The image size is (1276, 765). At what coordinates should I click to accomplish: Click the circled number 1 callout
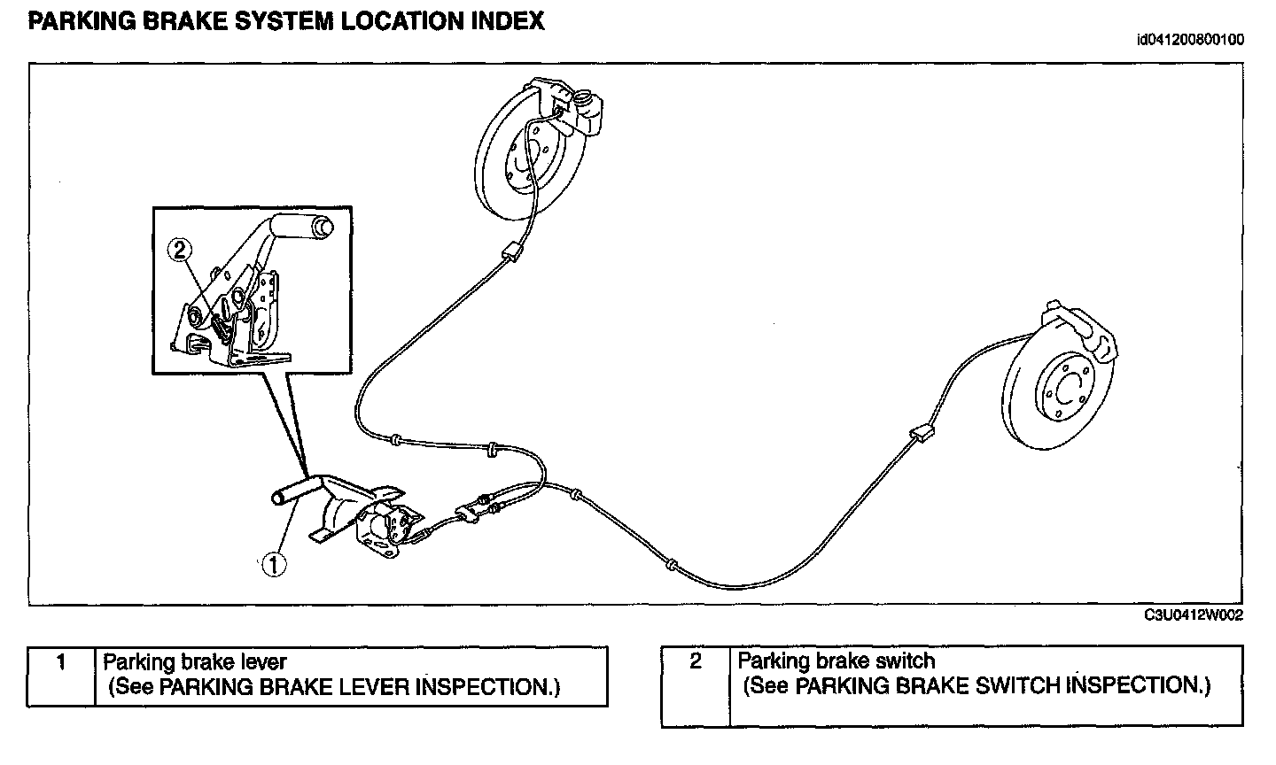[274, 564]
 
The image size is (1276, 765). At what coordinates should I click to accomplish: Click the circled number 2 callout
[179, 251]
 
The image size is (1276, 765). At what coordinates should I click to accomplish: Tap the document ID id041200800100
[1190, 40]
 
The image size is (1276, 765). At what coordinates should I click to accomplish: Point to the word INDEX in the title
[506, 21]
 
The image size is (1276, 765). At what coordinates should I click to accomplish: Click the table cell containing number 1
[60, 676]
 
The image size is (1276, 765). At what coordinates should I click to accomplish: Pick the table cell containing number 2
[696, 686]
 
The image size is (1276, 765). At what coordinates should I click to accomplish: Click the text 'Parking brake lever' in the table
[195, 661]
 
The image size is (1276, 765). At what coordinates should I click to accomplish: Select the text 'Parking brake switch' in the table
[836, 661]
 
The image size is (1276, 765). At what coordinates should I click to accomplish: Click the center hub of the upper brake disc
[521, 162]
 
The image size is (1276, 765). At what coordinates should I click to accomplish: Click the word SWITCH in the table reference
[1022, 685]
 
